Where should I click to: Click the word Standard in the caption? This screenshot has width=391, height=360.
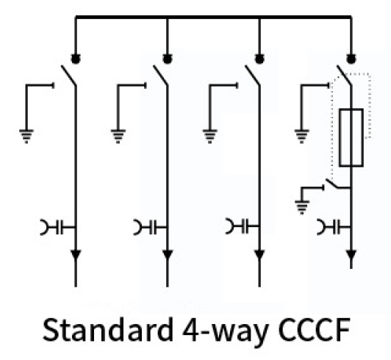coord(108,329)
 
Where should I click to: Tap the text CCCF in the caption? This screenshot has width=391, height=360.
coord(315,330)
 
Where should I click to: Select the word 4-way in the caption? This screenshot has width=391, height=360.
coord(225,331)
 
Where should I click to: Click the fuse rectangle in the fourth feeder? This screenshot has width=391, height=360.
coord(351,137)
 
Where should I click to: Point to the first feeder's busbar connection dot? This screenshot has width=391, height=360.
coord(76,59)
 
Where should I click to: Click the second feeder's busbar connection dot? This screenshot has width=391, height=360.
coord(168,59)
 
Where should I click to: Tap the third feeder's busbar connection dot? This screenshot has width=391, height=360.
coord(259,59)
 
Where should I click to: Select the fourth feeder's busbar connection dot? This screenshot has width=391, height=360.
coord(351,59)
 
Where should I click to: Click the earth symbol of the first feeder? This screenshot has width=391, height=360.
coord(26,137)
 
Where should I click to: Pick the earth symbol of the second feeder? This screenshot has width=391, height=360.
coord(118,137)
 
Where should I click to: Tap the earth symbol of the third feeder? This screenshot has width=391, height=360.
coord(210,137)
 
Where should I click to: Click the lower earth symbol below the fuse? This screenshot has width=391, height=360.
coord(302,207)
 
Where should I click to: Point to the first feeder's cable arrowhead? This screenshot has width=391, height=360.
coord(76,255)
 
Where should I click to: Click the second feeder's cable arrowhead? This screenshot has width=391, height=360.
coord(168,255)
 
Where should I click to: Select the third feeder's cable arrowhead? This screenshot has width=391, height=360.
coord(259,255)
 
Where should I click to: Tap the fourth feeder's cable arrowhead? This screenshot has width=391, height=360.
coord(351,255)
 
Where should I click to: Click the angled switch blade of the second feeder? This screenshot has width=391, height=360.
coord(160,75)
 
